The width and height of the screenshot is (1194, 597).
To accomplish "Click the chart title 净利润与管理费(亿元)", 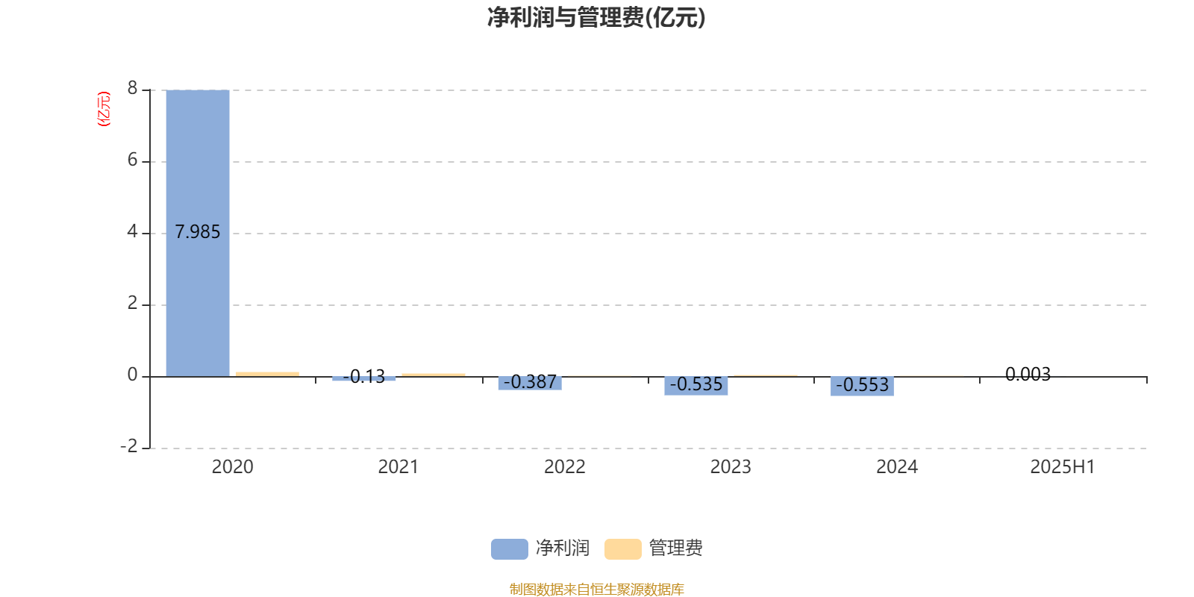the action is tap(596, 18).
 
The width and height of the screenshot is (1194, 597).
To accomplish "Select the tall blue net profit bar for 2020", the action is tap(198, 233).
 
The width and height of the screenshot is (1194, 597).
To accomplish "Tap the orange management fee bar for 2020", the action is tap(268, 374).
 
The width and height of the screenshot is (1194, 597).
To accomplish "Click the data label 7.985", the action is tap(198, 232).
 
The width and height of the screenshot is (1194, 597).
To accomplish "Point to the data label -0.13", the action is tap(364, 376).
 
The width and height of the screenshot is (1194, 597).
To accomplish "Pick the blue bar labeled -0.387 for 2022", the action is tap(530, 384).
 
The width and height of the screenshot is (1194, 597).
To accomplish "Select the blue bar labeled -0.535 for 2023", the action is tap(696, 386).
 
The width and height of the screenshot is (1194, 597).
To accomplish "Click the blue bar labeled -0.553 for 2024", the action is tap(862, 387).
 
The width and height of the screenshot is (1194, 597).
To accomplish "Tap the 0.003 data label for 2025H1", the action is tap(1028, 374).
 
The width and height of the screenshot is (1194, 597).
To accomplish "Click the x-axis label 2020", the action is tap(232, 467).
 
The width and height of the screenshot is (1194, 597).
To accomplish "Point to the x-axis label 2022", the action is tap(564, 467).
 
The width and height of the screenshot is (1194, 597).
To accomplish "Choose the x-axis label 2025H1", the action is tap(1063, 467).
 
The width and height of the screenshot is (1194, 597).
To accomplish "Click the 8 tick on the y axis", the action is tap(132, 88).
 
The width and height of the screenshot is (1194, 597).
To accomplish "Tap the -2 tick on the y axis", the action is tap(128, 446).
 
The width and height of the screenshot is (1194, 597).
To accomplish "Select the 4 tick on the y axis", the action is tap(132, 231).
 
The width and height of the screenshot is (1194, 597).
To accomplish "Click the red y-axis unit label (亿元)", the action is tap(104, 109).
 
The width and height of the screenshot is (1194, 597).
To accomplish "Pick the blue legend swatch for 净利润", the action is tap(510, 549).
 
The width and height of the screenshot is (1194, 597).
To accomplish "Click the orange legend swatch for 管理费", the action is tap(622, 549).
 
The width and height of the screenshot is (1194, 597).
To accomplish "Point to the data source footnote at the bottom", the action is tap(596, 589).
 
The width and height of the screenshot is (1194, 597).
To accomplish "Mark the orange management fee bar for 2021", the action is tap(434, 375).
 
